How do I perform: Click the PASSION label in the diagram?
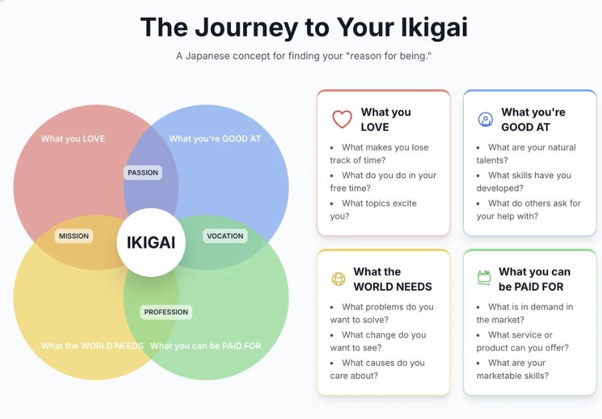pos(143,172)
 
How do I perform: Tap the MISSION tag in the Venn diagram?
pos(73,236)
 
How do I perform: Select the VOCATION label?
pos(225,236)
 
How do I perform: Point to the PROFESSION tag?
pos(166,312)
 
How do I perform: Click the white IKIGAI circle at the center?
pos(151,242)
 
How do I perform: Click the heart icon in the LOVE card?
pos(342,119)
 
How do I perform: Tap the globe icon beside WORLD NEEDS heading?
pos(338,279)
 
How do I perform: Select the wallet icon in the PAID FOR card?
pos(484,278)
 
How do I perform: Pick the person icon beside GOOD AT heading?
pos(485,119)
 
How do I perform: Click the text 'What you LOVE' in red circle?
pos(73,139)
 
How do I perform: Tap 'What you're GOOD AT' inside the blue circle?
pos(215,139)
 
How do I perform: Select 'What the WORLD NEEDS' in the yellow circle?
pos(92,346)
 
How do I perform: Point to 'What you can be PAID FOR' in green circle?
pos(206,346)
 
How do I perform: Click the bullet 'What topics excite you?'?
pos(374,209)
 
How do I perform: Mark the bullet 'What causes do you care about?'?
pos(377,369)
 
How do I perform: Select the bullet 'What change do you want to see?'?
pos(377,341)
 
